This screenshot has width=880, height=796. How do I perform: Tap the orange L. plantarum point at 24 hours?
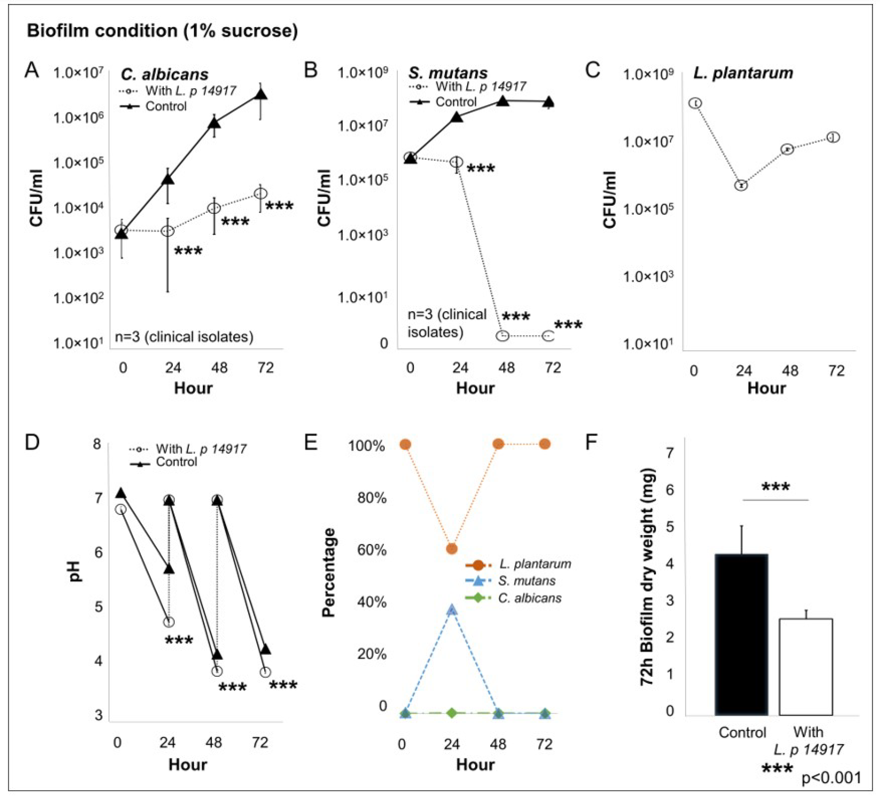click(x=452, y=548)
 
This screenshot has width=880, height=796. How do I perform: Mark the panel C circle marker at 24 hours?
click(x=741, y=185)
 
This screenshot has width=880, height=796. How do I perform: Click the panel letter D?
click(x=32, y=442)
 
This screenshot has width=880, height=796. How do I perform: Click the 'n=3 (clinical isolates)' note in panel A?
click(x=184, y=337)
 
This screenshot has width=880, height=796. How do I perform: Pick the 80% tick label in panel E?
click(x=372, y=498)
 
